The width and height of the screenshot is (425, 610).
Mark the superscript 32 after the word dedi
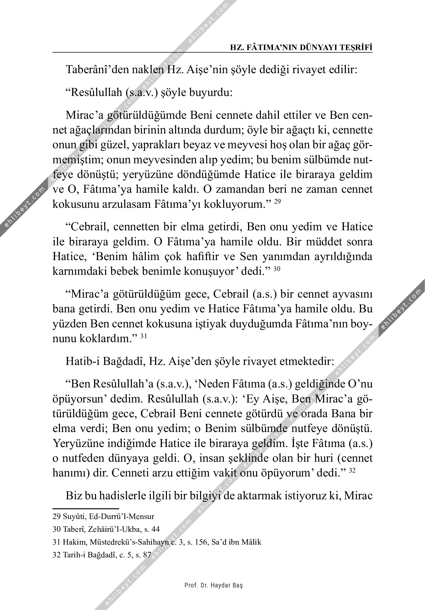[352, 471]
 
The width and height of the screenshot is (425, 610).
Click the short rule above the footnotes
[86, 508]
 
